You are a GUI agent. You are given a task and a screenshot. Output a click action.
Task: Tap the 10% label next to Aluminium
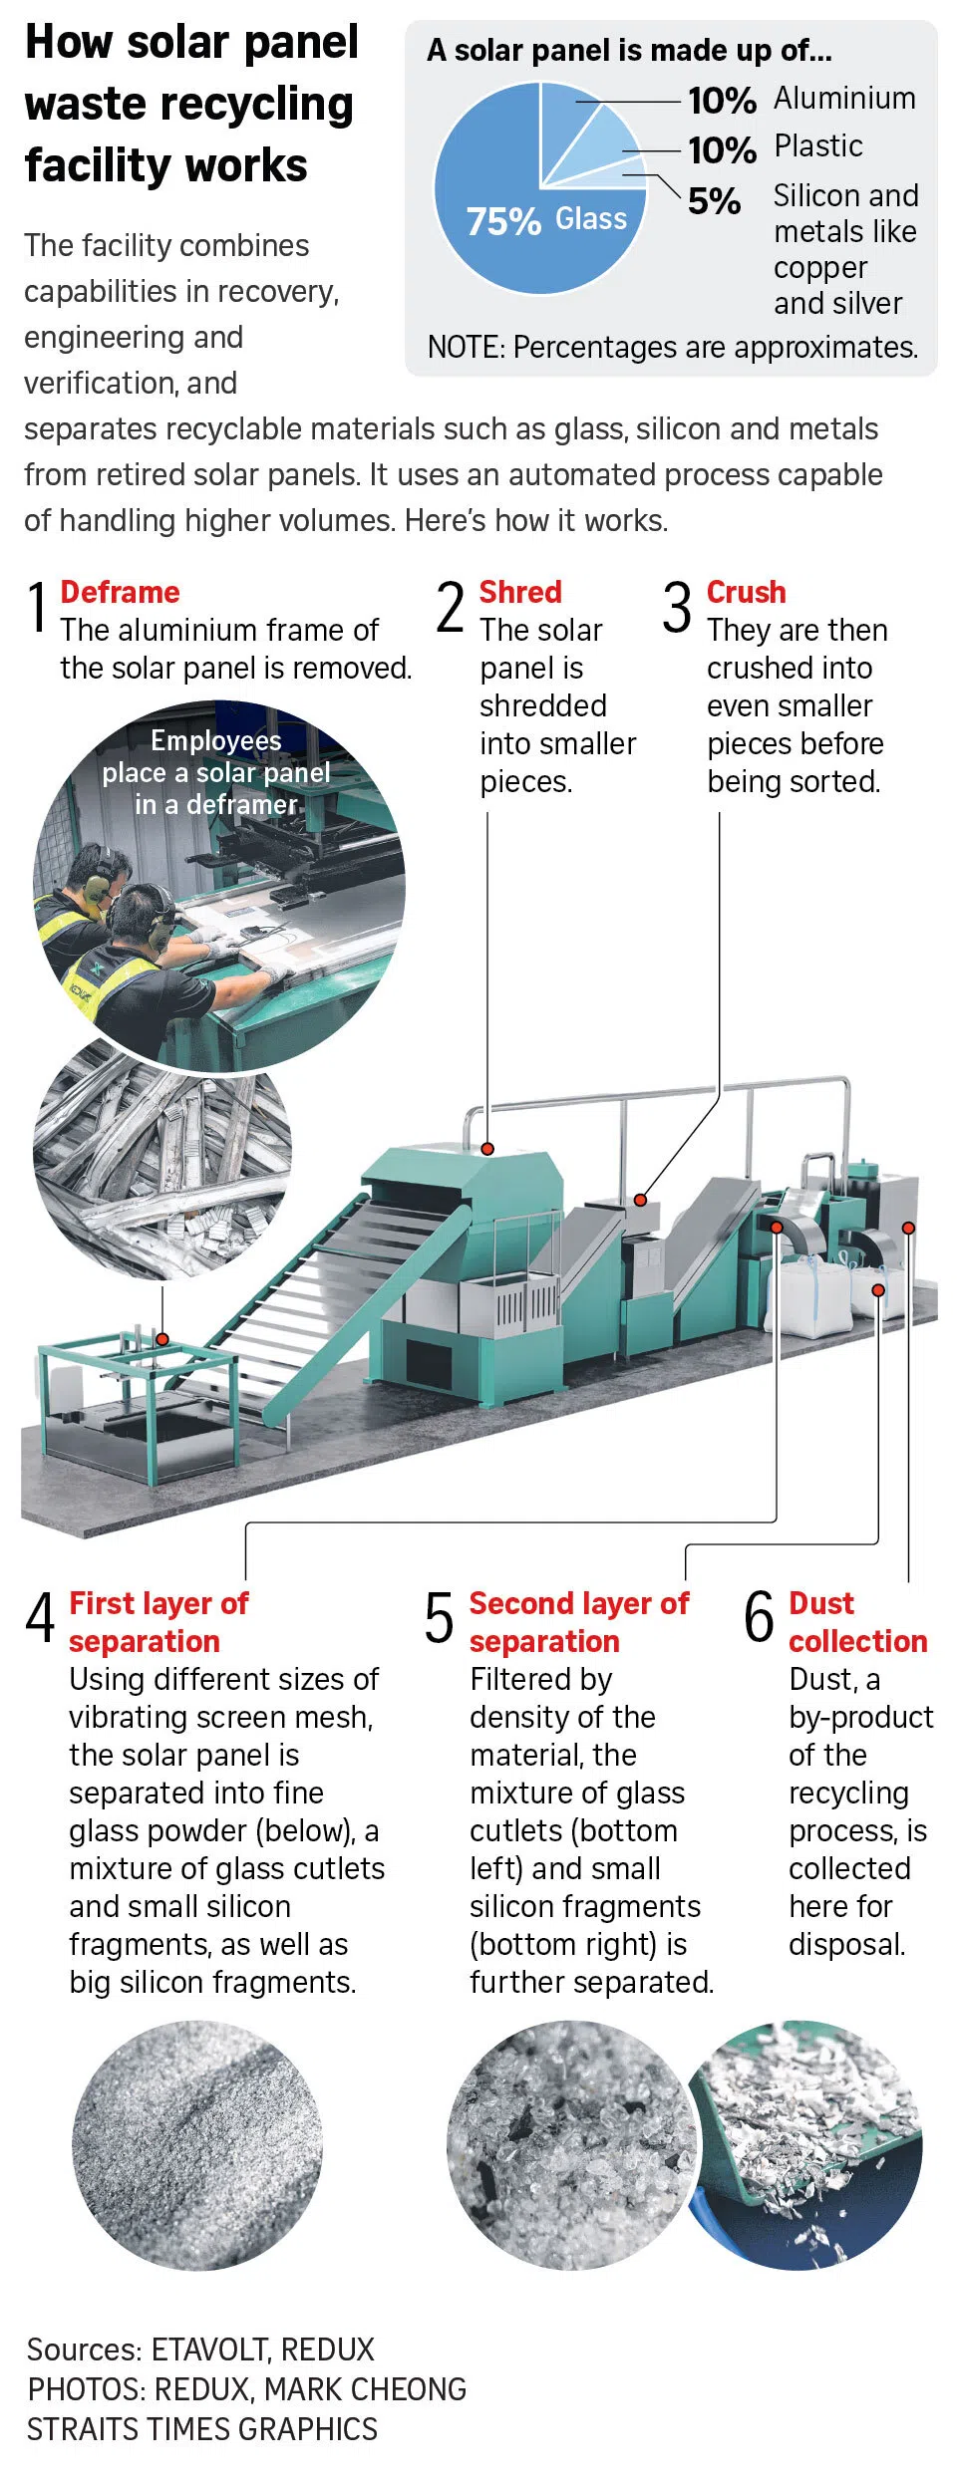pos(722,101)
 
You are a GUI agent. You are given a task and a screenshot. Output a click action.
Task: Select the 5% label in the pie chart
pos(714,201)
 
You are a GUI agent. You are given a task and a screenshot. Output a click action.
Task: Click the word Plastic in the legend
pos(817,146)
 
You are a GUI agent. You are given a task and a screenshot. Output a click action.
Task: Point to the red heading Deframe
pos(120,592)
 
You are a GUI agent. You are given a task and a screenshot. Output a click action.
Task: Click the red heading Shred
pos(520,592)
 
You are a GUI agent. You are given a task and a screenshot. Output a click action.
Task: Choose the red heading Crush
pos(746,592)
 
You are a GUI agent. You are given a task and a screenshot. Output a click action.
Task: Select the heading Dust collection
pos(857,1622)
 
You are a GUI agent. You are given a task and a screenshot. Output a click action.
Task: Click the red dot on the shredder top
pos(487,1149)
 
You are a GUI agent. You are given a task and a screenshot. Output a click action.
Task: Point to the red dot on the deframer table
pos(162,1339)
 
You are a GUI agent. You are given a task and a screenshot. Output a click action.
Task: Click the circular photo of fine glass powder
pos(197,2145)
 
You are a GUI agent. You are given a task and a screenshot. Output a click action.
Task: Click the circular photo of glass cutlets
pos(570,2145)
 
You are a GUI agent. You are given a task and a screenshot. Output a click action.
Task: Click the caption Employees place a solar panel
pos(216,772)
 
